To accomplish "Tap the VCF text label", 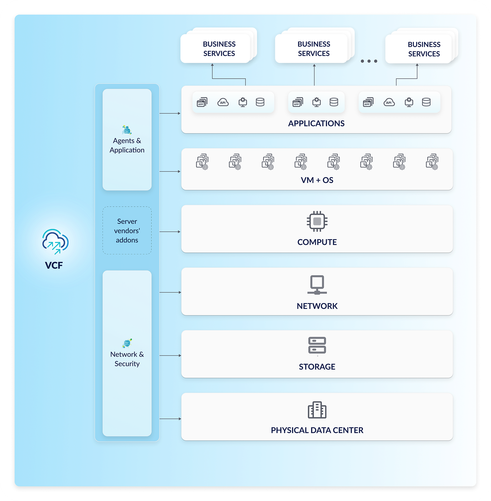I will click(54, 265).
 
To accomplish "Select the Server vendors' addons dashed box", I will click(127, 230).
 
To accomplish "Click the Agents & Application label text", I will click(127, 145).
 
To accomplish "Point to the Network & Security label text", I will click(127, 359).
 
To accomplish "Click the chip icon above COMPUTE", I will click(317, 221).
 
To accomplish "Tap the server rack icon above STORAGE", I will click(317, 345).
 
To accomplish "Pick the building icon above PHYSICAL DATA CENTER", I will click(317, 410).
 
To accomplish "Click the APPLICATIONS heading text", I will click(316, 123).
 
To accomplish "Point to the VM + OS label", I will click(317, 180).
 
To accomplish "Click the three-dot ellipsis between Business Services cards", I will click(369, 61).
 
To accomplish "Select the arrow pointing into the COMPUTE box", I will click(170, 232).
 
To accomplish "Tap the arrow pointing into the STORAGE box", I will click(170, 356).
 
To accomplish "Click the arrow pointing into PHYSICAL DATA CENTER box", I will click(170, 419).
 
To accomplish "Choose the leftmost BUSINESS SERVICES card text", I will click(219, 49).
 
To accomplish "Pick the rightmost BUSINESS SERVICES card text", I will click(424, 49).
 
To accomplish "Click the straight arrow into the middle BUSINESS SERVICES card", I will click(314, 75).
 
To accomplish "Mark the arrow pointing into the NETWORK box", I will click(170, 292).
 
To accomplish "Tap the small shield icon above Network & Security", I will click(127, 343).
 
